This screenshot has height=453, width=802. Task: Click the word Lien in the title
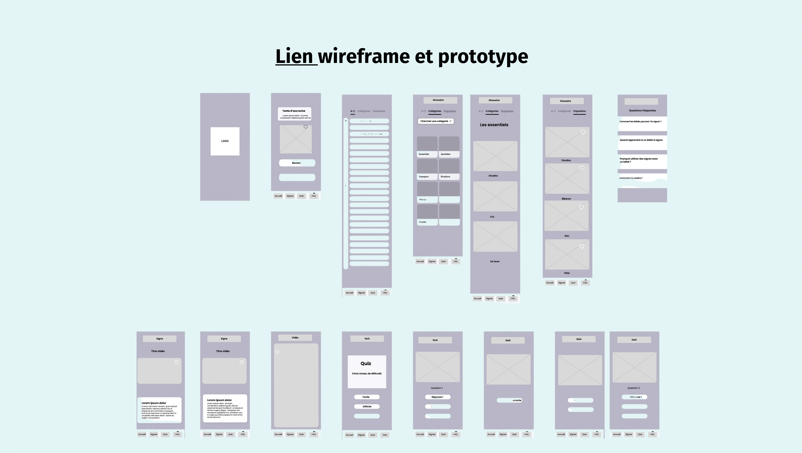click(x=294, y=56)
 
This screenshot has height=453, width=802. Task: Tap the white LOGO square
click(x=225, y=141)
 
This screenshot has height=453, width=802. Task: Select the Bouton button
click(x=297, y=163)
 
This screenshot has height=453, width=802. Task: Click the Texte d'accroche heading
click(x=294, y=111)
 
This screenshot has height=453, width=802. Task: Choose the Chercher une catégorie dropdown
click(x=436, y=121)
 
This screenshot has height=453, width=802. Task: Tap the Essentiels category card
click(x=427, y=147)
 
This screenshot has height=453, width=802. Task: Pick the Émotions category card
click(x=449, y=169)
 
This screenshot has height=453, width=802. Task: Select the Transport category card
click(x=427, y=169)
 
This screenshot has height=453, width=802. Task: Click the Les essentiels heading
click(x=494, y=125)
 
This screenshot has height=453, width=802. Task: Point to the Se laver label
click(x=494, y=262)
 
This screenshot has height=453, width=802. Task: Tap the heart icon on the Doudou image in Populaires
click(x=583, y=132)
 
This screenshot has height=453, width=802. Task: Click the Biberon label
click(x=566, y=199)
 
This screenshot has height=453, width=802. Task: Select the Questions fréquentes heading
click(x=642, y=110)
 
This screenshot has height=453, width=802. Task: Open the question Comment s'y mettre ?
click(x=631, y=178)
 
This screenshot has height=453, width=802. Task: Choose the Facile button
click(x=366, y=397)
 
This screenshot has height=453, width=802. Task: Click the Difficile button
click(x=366, y=407)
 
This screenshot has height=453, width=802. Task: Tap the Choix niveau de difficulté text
click(x=366, y=373)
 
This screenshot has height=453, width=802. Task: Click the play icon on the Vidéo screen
click(x=277, y=352)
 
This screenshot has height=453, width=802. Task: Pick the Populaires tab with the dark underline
click(x=579, y=111)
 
